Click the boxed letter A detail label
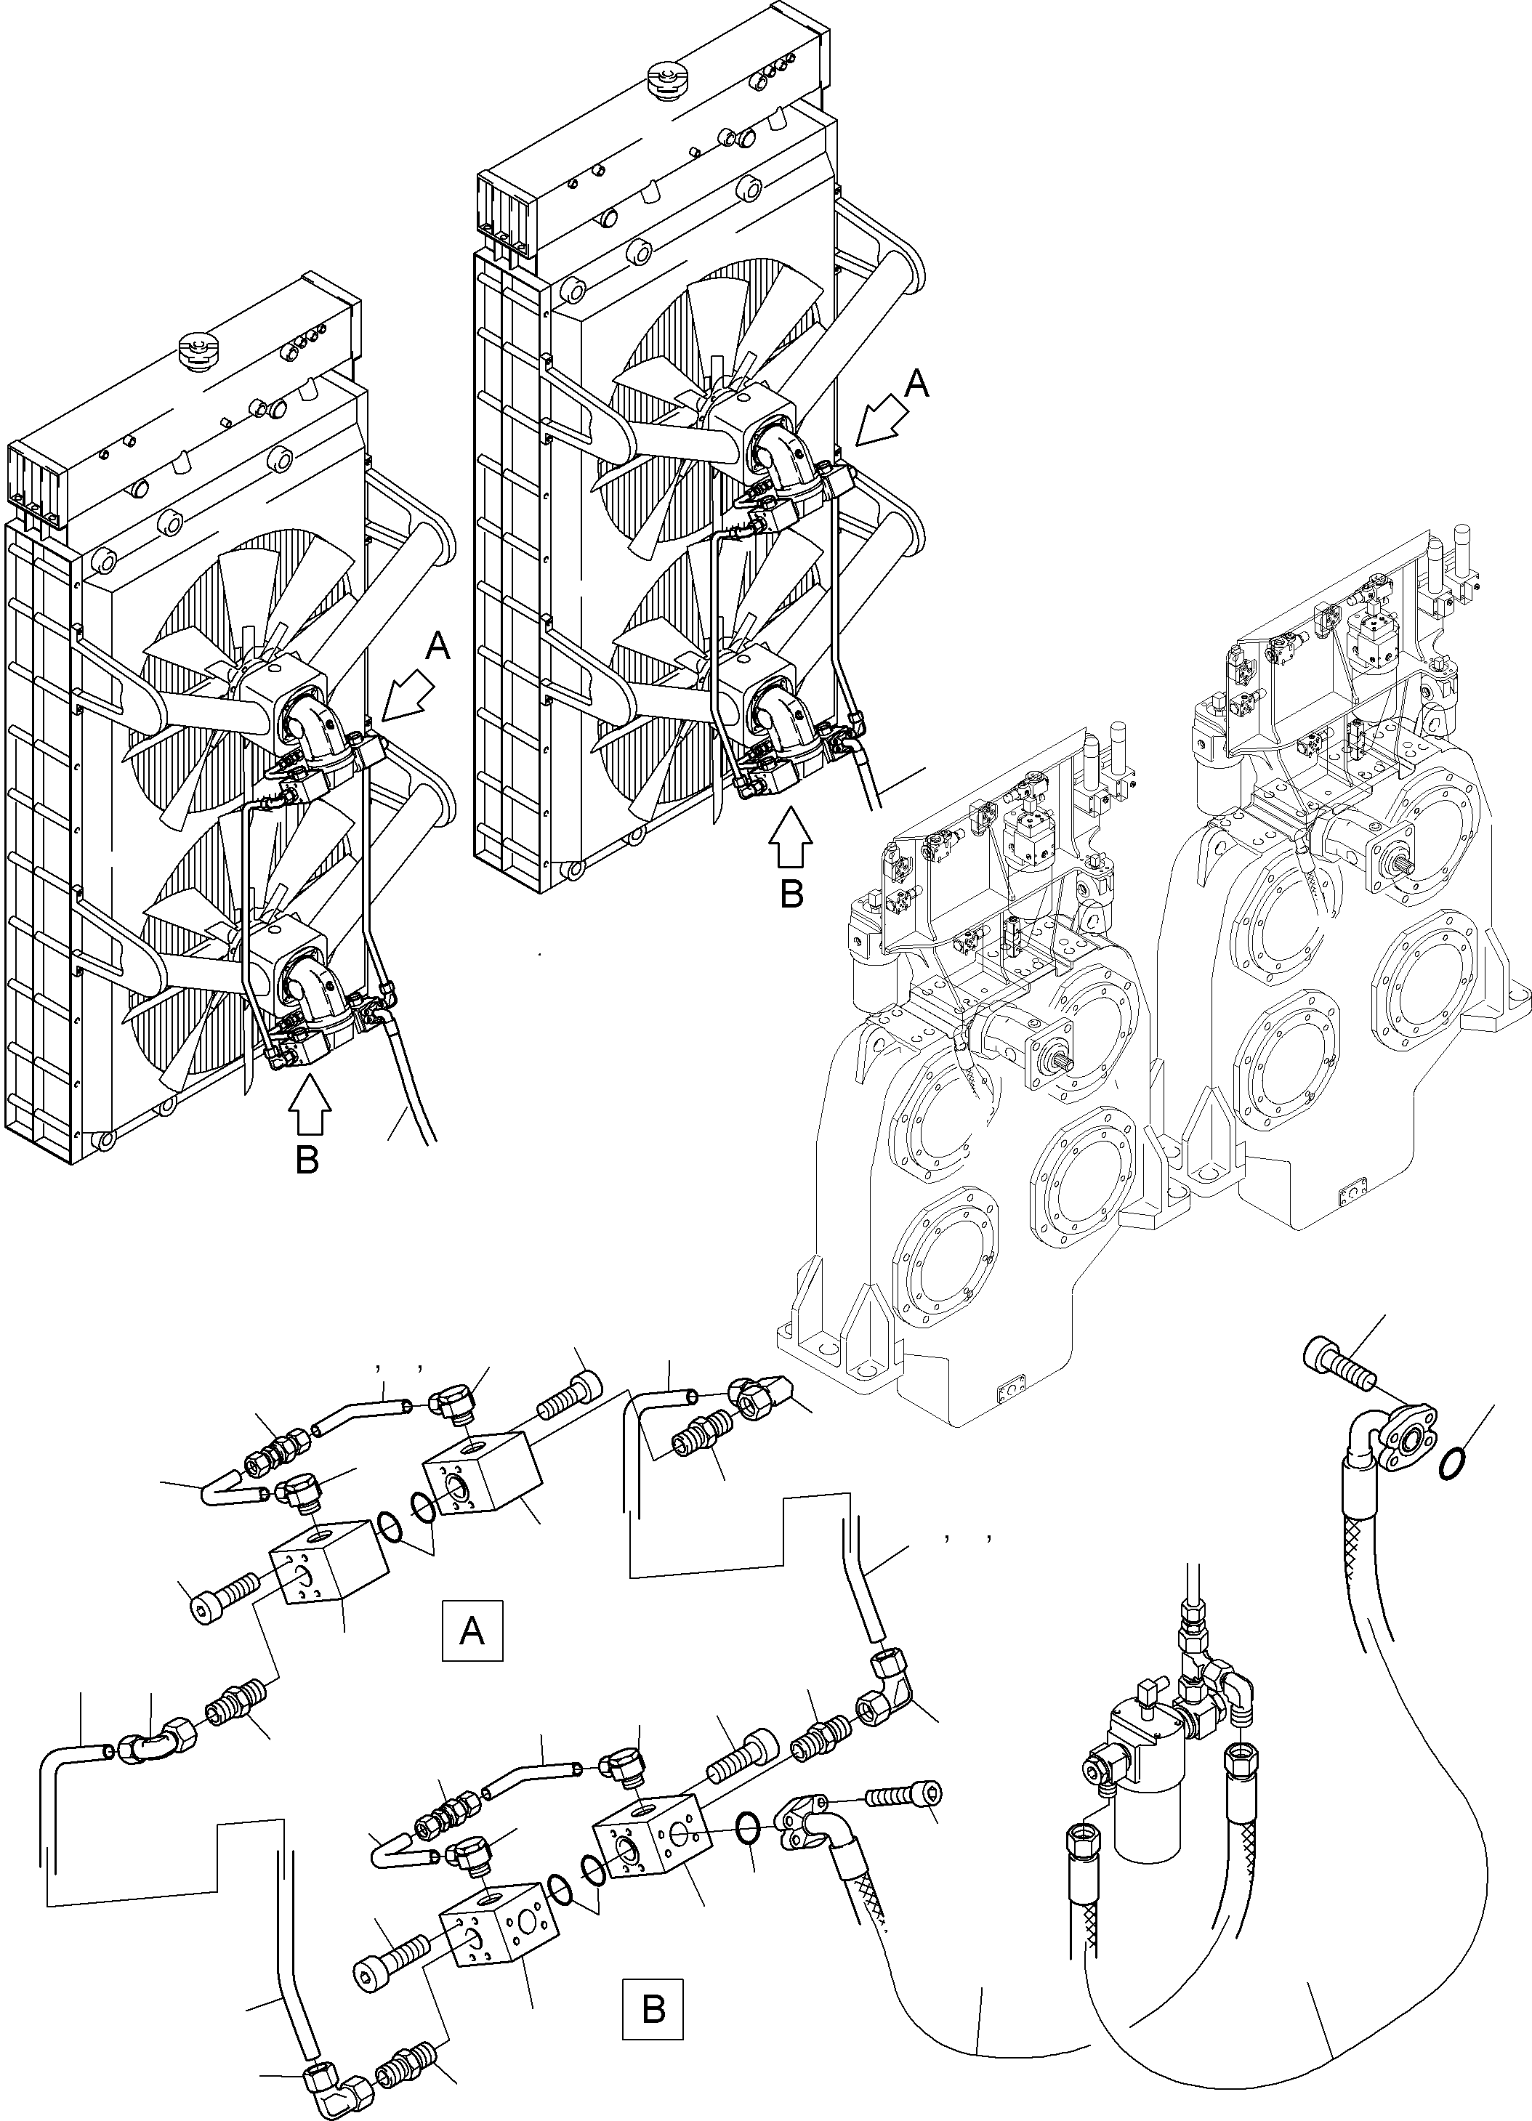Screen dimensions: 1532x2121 coord(472,1631)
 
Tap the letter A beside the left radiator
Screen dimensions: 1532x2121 coord(438,646)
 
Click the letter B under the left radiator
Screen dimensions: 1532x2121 coord(307,1160)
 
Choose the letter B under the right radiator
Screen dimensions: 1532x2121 coord(791,894)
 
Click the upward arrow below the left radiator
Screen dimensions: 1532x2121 coord(310,1105)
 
